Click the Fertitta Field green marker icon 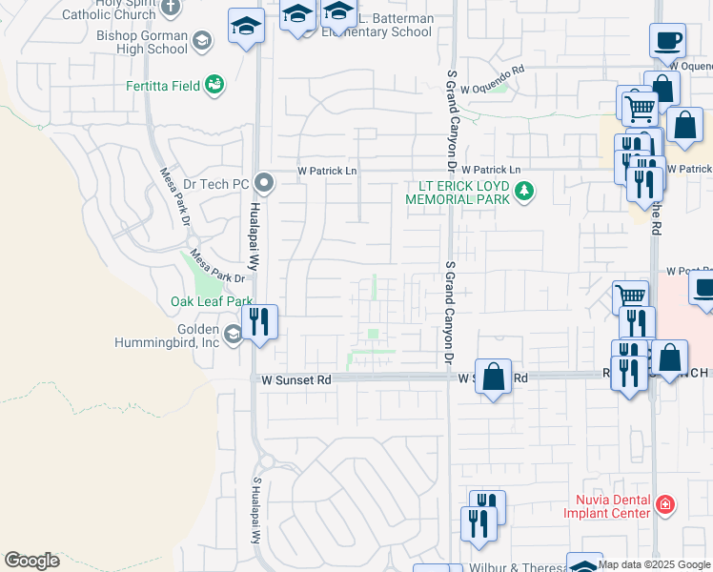point(214,86)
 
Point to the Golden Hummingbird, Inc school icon point(234,334)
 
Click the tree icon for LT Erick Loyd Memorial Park point(523,192)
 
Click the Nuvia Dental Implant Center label point(612,506)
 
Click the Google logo point(31,561)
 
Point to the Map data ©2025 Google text point(655,564)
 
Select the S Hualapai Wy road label point(256,510)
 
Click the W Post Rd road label point(689,271)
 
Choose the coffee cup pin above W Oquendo point(667,41)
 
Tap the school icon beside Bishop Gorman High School point(201,40)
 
